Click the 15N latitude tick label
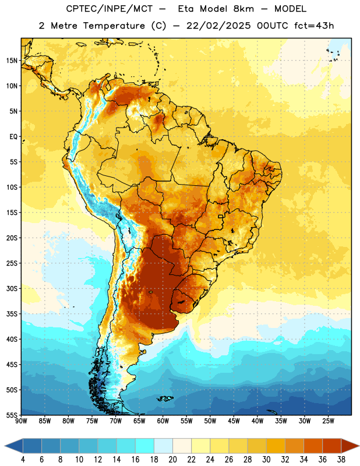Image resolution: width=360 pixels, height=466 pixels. (x=12, y=61)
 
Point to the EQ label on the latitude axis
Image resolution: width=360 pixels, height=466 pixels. (x=13, y=137)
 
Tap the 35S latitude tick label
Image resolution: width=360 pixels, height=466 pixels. (x=12, y=314)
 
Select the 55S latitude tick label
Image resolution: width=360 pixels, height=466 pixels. (x=12, y=415)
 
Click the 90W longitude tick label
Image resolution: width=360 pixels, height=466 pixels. (x=21, y=421)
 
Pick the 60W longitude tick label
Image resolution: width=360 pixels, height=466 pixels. (x=163, y=421)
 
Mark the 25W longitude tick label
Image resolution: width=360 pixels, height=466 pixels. (x=329, y=421)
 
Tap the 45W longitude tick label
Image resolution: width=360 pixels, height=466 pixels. (x=234, y=421)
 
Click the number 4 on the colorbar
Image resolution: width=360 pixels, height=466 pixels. (x=23, y=460)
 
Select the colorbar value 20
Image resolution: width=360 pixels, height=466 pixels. (x=172, y=460)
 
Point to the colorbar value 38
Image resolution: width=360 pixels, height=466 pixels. (x=341, y=460)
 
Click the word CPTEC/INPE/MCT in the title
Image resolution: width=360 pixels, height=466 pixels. (x=109, y=9)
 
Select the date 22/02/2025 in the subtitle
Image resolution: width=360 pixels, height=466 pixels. (x=218, y=26)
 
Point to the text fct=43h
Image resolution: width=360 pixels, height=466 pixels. (x=314, y=26)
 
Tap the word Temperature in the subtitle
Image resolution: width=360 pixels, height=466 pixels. (x=114, y=26)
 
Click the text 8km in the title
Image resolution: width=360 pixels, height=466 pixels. (x=243, y=9)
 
